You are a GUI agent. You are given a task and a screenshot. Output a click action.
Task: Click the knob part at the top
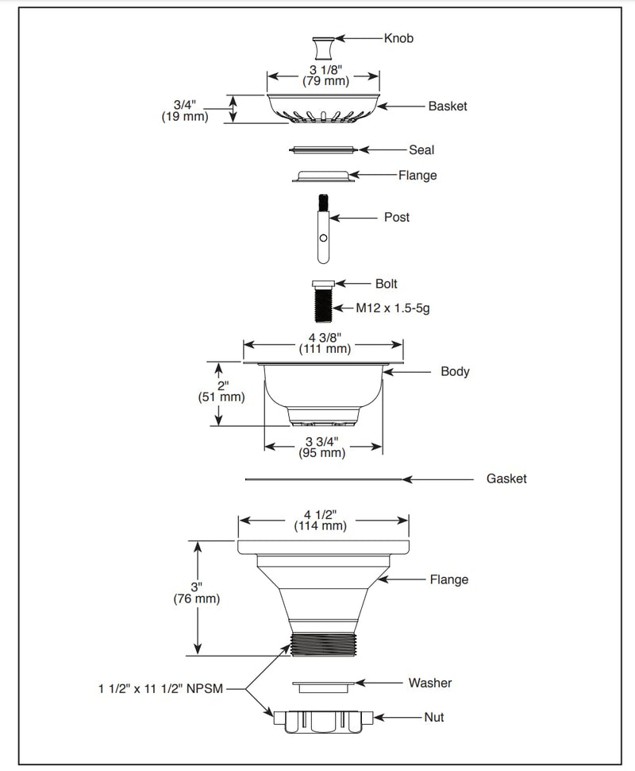[x=323, y=48]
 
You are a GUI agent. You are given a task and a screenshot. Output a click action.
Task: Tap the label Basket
[x=448, y=107]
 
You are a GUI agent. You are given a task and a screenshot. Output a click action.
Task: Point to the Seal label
[x=421, y=150]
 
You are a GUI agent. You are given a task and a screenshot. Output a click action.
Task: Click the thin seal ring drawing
[x=323, y=149]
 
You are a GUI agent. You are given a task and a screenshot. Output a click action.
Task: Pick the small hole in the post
[x=323, y=238]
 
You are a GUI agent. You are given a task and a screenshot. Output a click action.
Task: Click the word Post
[x=396, y=217]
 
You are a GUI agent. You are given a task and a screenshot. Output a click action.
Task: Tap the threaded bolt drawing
[x=322, y=301]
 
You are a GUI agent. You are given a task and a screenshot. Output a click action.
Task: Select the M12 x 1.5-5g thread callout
[x=392, y=308]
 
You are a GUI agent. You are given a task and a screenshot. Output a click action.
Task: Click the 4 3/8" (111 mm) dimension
[x=325, y=343]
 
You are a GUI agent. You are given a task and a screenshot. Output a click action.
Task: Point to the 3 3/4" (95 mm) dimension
[x=321, y=447]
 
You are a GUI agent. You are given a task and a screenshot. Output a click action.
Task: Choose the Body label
[x=455, y=372]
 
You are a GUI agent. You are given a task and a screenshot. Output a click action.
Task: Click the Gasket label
[x=506, y=479]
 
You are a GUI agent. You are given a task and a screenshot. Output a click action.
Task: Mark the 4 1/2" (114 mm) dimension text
[x=320, y=521]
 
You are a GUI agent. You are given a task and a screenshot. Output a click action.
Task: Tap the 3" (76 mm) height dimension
[x=196, y=593]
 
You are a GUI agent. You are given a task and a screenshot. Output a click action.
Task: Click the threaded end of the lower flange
[x=323, y=644]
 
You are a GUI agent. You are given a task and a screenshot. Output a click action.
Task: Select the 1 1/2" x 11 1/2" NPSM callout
[x=160, y=689]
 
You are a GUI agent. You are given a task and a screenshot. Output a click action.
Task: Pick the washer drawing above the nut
[x=323, y=687]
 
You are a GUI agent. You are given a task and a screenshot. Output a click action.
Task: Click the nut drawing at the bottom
[x=323, y=722]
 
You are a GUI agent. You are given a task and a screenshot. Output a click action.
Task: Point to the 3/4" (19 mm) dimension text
[x=185, y=110]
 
